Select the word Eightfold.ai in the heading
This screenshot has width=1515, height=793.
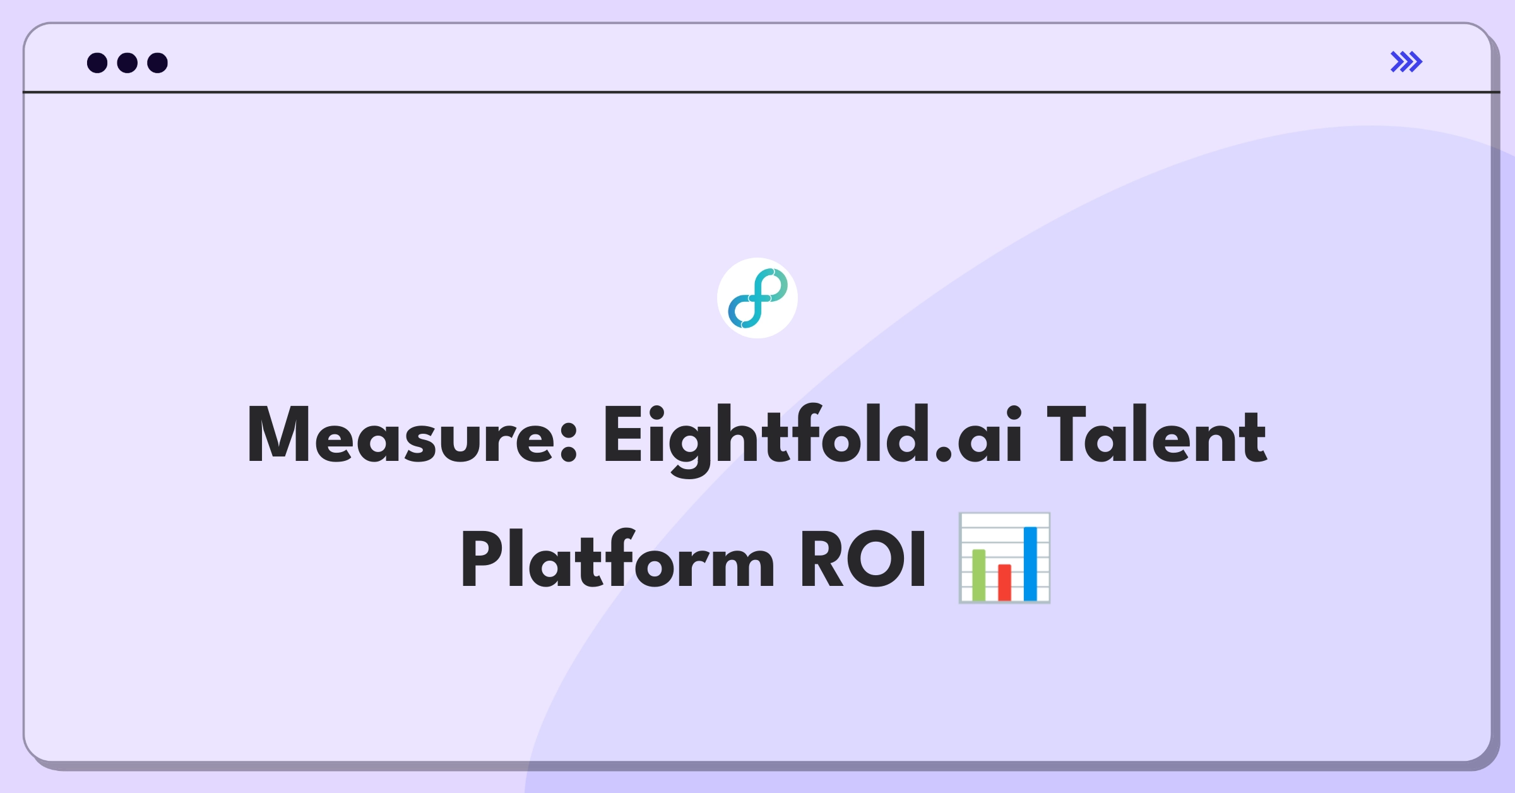(x=812, y=439)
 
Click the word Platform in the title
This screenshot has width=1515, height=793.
(x=617, y=558)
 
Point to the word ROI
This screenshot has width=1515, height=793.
(x=863, y=559)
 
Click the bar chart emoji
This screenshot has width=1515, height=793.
(x=1004, y=558)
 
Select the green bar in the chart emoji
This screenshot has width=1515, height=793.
(x=978, y=575)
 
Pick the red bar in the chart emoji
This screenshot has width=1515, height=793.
(x=1004, y=582)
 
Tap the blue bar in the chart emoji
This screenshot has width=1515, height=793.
(x=1030, y=563)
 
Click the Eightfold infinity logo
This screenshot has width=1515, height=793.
(x=757, y=298)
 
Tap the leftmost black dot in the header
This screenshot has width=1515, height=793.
(x=97, y=63)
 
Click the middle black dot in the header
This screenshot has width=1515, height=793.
(x=128, y=63)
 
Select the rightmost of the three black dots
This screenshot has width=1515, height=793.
(x=158, y=63)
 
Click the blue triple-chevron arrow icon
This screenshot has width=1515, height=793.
(x=1406, y=62)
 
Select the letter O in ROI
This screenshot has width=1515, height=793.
(x=877, y=559)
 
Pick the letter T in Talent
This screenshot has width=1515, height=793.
(x=1066, y=435)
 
